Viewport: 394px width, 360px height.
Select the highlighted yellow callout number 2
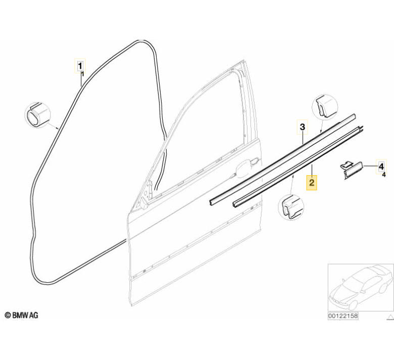click(312, 182)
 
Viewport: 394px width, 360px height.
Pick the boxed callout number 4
click(381, 166)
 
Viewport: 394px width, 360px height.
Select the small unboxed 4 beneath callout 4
click(383, 175)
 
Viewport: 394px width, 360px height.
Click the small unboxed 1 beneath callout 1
click(82, 74)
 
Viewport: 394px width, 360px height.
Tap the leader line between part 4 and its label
click(368, 166)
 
